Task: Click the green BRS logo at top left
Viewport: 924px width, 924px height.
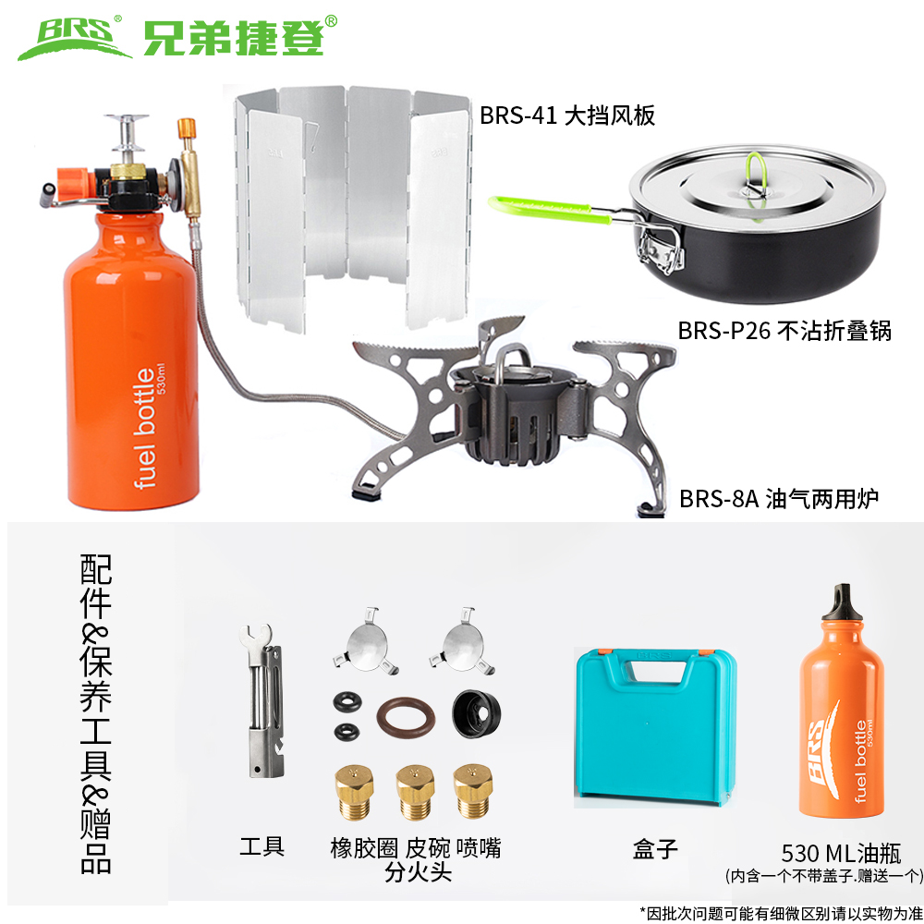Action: [x=74, y=39]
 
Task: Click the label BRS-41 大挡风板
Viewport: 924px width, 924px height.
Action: [x=567, y=115]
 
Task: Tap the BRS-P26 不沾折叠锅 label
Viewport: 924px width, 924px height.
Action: [x=784, y=331]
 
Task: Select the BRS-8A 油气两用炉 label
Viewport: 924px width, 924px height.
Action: [x=778, y=499]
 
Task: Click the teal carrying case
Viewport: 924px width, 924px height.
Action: [x=655, y=726]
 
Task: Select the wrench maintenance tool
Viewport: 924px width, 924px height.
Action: [x=262, y=700]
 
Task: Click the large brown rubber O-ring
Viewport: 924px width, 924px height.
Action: [x=406, y=718]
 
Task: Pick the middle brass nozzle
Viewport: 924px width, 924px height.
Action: [x=415, y=791]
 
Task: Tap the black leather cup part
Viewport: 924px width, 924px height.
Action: [x=476, y=713]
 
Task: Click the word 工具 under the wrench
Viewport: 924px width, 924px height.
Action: [x=262, y=846]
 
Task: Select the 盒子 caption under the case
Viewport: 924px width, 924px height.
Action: [x=655, y=849]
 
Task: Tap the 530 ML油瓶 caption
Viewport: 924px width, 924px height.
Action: [x=841, y=853]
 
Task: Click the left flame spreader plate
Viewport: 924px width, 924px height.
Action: [x=365, y=642]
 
